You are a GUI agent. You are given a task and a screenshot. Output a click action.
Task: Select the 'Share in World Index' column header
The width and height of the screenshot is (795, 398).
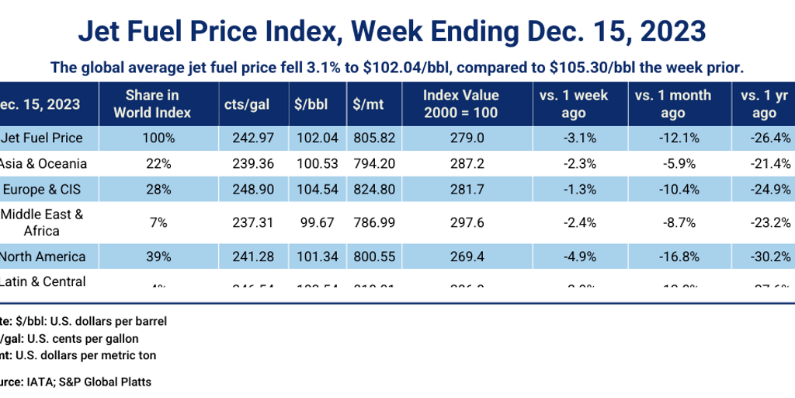(x=152, y=103)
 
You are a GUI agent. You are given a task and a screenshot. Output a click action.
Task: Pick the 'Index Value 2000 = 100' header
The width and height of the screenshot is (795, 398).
(x=461, y=103)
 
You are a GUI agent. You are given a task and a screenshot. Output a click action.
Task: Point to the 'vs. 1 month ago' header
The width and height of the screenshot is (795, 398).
(x=672, y=103)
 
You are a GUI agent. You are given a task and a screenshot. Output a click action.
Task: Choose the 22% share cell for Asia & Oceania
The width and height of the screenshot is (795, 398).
(x=152, y=163)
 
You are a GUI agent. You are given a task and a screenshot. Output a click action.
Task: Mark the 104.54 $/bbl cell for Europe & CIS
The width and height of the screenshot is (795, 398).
(x=314, y=189)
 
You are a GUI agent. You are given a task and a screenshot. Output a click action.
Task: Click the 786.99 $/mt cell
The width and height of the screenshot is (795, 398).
(x=373, y=222)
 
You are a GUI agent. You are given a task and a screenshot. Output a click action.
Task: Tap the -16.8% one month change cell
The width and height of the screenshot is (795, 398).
(x=672, y=256)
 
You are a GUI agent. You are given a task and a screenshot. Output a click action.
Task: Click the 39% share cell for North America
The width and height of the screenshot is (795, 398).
(x=152, y=256)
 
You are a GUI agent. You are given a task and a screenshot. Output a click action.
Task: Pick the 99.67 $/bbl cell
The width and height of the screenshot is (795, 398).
(x=314, y=222)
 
